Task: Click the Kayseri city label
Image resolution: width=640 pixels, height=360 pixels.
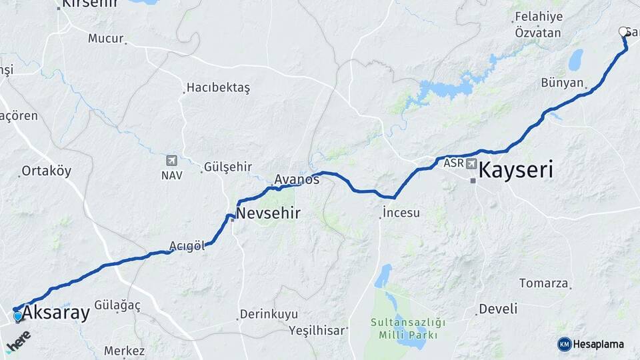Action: pyautogui.click(x=516, y=170)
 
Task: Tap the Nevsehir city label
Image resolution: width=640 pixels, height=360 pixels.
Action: pyautogui.click(x=269, y=214)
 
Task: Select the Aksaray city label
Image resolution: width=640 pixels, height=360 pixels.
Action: pyautogui.click(x=57, y=313)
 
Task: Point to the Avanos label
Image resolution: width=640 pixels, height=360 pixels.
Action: pyautogui.click(x=297, y=180)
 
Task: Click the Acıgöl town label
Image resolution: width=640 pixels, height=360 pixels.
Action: pyautogui.click(x=187, y=246)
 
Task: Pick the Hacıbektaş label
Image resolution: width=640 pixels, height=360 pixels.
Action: pyautogui.click(x=218, y=88)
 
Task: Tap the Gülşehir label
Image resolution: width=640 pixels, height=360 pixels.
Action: pyautogui.click(x=229, y=167)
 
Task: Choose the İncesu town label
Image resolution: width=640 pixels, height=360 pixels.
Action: pyautogui.click(x=401, y=213)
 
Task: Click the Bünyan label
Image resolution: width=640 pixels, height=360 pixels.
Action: pyautogui.click(x=563, y=83)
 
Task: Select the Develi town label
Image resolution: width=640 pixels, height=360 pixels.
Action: pyautogui.click(x=498, y=309)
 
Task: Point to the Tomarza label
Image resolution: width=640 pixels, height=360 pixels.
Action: pyautogui.click(x=543, y=283)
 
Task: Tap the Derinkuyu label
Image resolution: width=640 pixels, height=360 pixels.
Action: pyautogui.click(x=267, y=313)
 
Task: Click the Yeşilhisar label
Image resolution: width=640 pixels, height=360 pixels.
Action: pyautogui.click(x=317, y=330)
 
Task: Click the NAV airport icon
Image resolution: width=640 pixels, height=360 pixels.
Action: pyautogui.click(x=172, y=161)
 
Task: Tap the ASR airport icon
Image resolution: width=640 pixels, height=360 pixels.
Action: pyautogui.click(x=472, y=164)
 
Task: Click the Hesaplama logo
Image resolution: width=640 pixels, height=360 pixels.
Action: pyautogui.click(x=591, y=344)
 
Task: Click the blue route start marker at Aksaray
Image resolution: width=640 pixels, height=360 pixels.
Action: pyautogui.click(x=17, y=316)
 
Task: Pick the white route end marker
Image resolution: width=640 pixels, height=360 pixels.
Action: pyautogui.click(x=624, y=31)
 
